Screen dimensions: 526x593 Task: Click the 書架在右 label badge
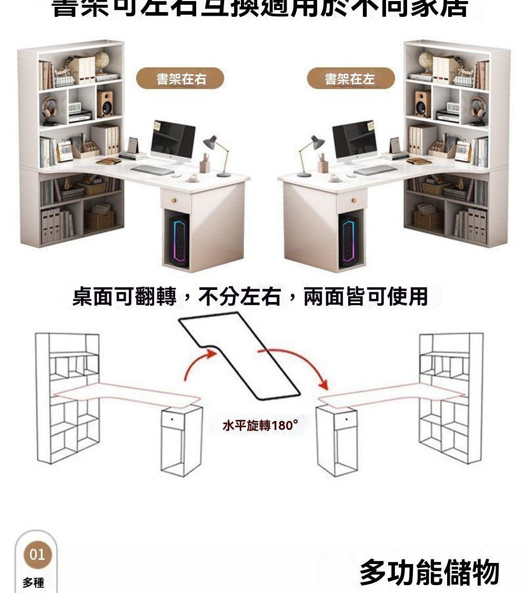tap(180, 79)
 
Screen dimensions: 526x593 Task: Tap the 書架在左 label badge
tap(350, 79)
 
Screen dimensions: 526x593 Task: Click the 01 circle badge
tap(37, 555)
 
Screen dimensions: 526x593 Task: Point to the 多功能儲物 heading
tap(429, 572)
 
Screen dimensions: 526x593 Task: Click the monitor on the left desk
tap(173, 139)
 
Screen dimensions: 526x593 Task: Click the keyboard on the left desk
tap(152, 170)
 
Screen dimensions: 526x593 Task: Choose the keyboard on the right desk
tap(375, 169)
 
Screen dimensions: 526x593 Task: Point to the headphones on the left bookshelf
tap(50, 108)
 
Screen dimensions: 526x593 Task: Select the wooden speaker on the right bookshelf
tap(422, 104)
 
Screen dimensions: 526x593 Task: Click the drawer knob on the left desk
tap(176, 200)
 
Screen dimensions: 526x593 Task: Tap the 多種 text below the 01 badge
tap(33, 582)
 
